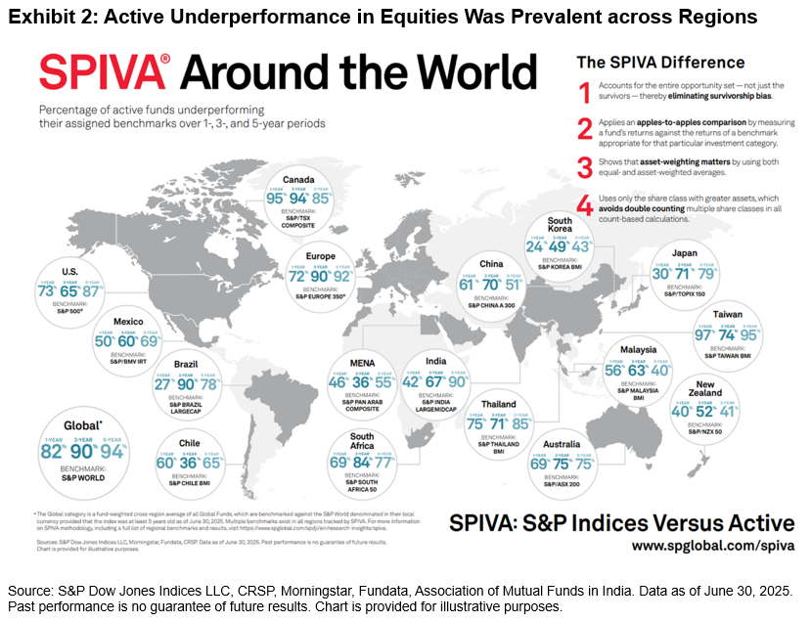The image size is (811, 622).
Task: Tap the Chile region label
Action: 189,443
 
